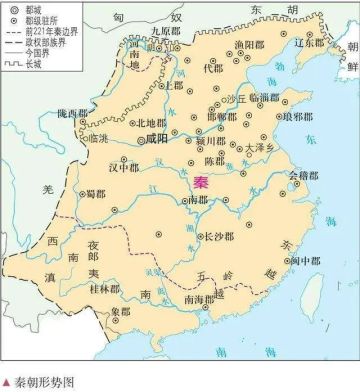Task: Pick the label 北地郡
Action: point(152,122)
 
